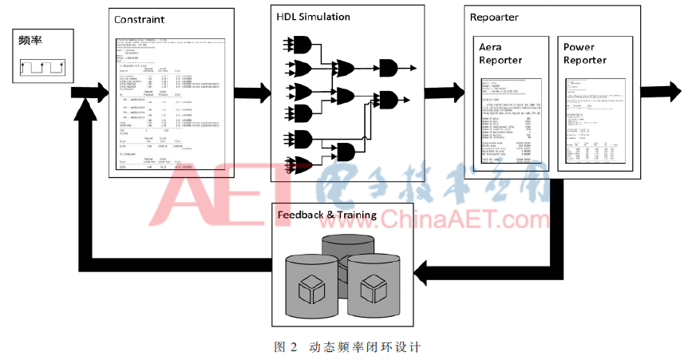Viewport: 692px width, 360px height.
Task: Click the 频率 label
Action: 31,42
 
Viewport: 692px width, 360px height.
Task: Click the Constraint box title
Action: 140,18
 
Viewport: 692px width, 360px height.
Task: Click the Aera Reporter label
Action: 500,53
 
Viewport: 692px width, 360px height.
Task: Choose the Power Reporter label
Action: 585,53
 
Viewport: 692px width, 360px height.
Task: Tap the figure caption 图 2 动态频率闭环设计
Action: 346,347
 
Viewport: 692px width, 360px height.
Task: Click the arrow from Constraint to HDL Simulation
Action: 252,93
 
